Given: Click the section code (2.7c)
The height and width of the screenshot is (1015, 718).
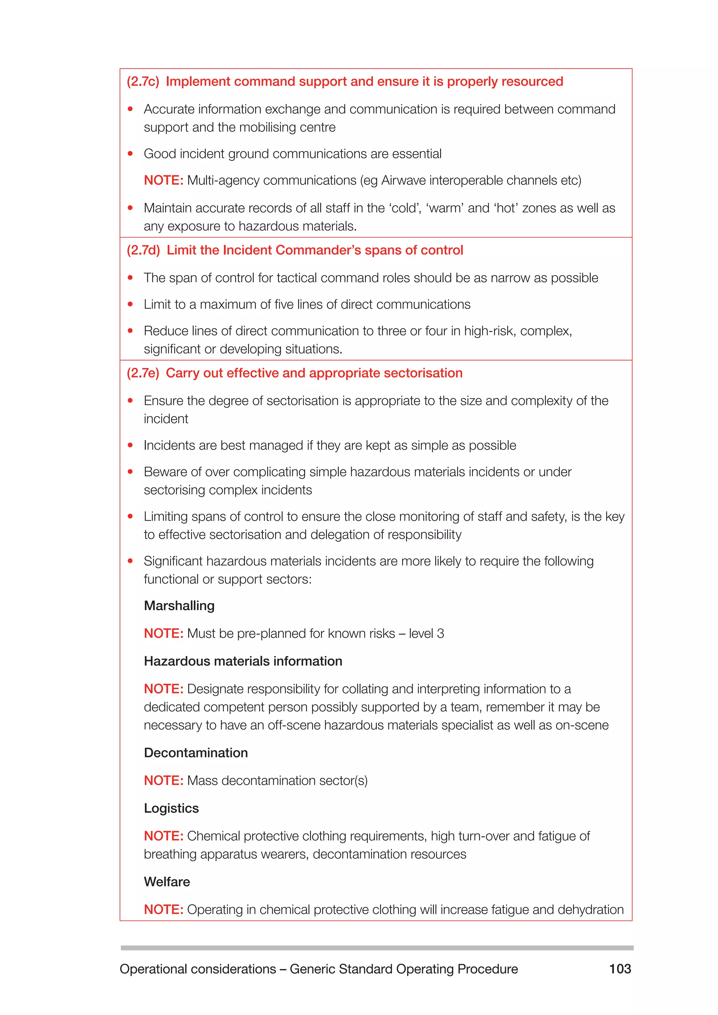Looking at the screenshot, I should tap(142, 82).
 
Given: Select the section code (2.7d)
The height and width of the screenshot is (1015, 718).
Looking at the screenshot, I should tap(143, 251).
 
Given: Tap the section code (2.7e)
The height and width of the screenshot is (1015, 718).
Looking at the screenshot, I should tap(142, 374).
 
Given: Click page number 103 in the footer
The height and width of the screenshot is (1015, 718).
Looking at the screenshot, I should tap(620, 969).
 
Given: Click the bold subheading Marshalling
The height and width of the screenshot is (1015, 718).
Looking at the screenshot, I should tap(179, 606).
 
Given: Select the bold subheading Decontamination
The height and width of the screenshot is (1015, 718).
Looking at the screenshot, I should tap(196, 753).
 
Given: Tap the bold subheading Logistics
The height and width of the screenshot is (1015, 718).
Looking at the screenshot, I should tap(171, 809).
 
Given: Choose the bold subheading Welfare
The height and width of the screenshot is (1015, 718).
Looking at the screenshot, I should tap(167, 882).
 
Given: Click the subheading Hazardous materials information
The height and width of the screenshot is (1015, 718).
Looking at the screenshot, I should tap(243, 661).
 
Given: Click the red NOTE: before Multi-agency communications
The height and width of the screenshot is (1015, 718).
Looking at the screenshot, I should tap(163, 181).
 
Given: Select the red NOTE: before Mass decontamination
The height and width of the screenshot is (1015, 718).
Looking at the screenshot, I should tap(163, 781).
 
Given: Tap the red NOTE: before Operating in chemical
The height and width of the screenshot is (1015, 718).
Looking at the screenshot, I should tap(163, 910).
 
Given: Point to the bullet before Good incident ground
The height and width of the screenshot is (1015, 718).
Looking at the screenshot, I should tap(130, 154).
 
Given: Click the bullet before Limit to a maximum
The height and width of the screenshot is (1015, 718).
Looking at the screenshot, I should tap(130, 305).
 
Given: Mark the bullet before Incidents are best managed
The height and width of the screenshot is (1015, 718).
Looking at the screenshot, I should tap(130, 445).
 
